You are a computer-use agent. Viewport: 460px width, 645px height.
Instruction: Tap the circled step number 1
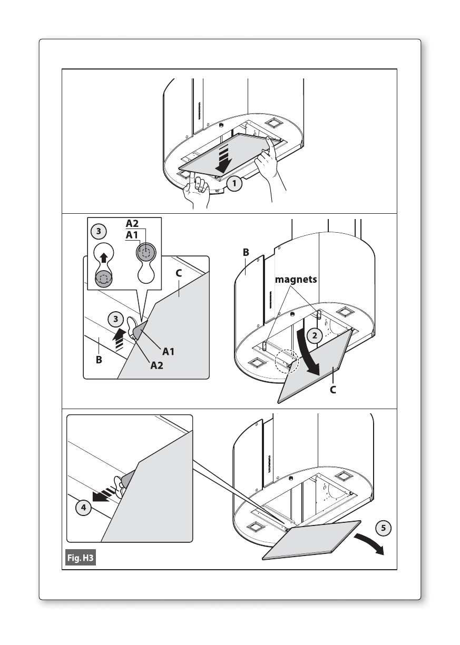tap(234, 183)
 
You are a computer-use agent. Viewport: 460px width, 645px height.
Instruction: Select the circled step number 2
tap(314, 335)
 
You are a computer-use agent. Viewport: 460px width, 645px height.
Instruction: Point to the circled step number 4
tap(84, 515)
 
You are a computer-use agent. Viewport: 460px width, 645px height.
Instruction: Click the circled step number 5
tap(384, 528)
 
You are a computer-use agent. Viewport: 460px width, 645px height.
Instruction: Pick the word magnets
tap(296, 279)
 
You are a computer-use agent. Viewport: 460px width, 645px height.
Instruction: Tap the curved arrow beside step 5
tap(370, 543)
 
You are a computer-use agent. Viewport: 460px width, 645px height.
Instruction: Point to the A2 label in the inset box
tap(132, 223)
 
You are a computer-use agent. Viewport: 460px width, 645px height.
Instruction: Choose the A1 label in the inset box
tap(132, 235)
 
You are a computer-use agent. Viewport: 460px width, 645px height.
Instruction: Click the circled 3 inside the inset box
tap(99, 232)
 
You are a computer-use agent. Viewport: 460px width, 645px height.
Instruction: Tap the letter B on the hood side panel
tap(246, 252)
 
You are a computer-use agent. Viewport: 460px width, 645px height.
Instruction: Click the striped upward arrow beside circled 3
tap(119, 340)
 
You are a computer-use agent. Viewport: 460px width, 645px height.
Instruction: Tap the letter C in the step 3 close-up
tap(179, 273)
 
